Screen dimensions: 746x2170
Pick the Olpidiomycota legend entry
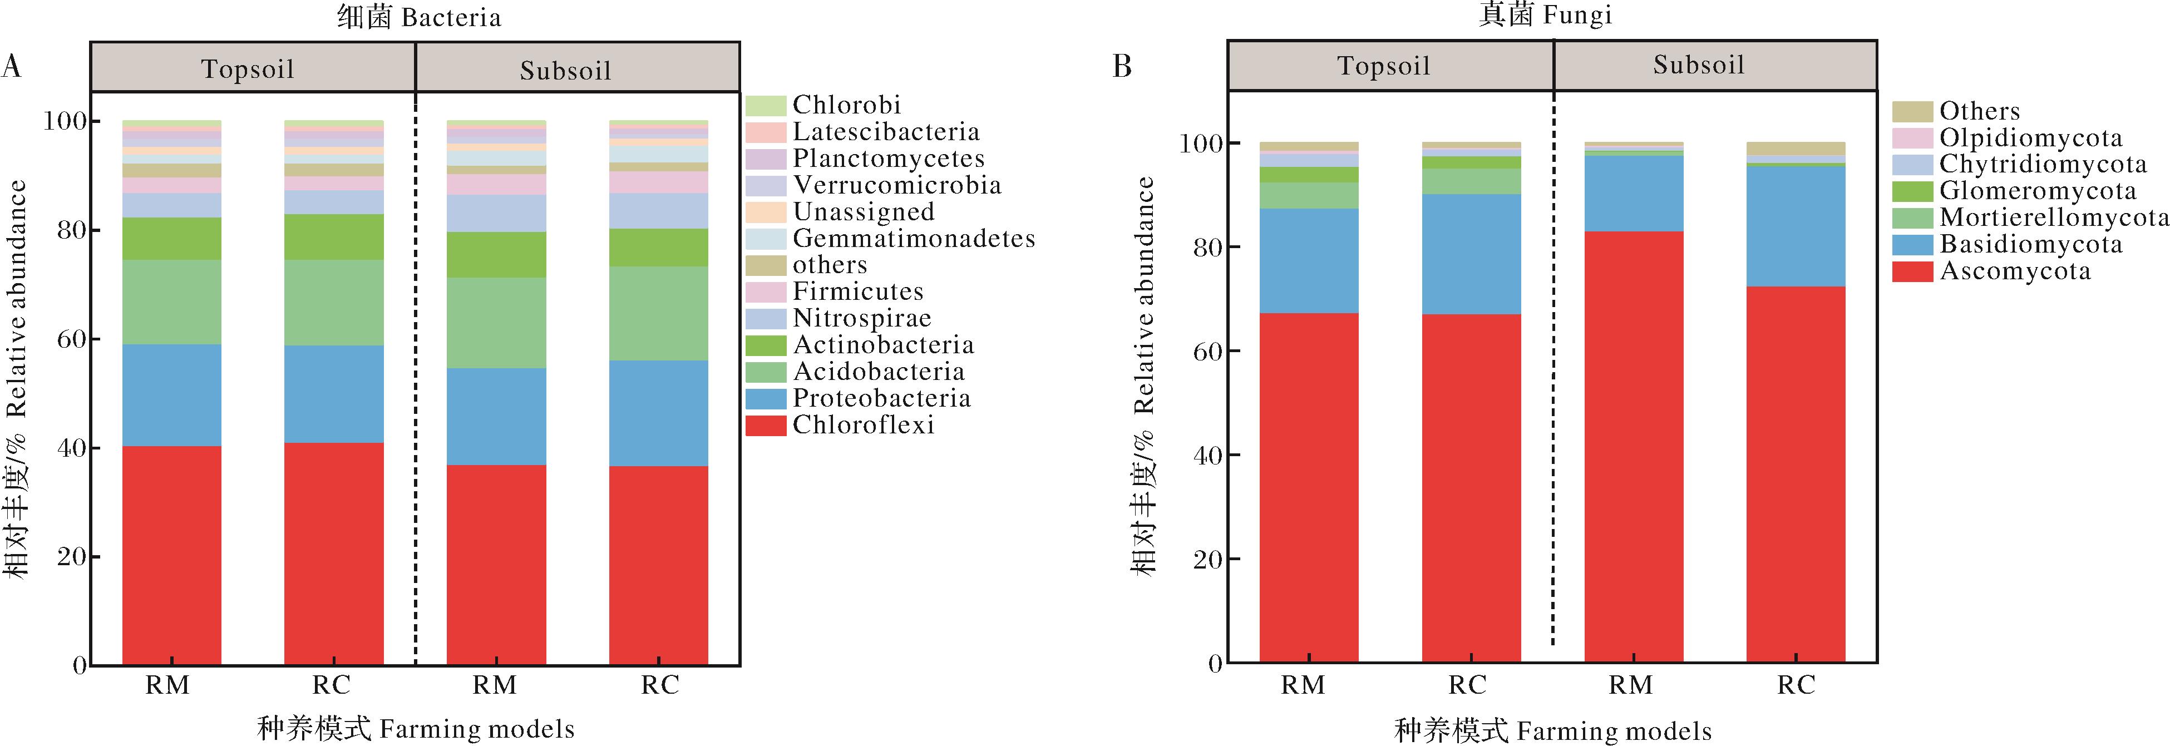2031,138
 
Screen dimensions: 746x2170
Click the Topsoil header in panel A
248,69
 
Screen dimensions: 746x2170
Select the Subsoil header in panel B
1698,66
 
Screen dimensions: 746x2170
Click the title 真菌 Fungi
1545,15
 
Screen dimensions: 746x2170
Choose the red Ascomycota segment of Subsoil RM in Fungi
1634,446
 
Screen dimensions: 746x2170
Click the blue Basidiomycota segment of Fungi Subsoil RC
1795,226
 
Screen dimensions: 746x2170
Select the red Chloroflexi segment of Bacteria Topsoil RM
172,556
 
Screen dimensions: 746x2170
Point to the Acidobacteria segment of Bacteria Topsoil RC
334,302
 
